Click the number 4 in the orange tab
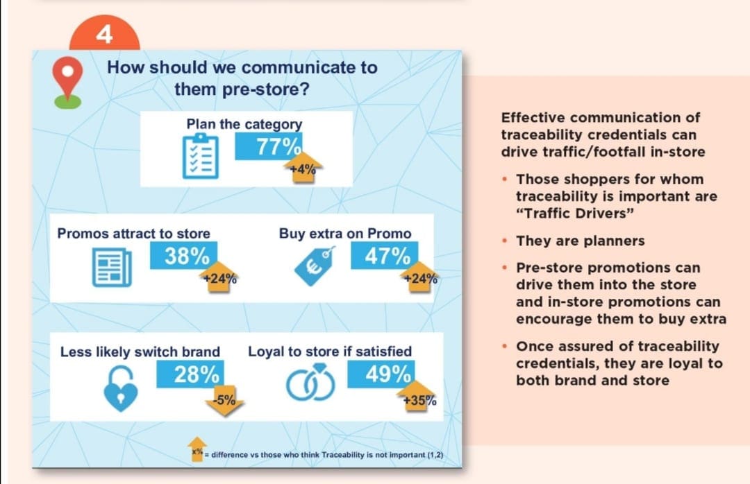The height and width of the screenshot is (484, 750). pyautogui.click(x=104, y=34)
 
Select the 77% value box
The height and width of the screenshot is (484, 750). pyautogui.click(x=268, y=146)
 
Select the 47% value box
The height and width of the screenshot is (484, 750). pyautogui.click(x=387, y=256)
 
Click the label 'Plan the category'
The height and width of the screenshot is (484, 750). pyautogui.click(x=244, y=124)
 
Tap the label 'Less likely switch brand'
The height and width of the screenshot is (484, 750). pyautogui.click(x=140, y=352)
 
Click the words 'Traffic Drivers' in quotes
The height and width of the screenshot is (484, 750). pyautogui.click(x=576, y=213)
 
